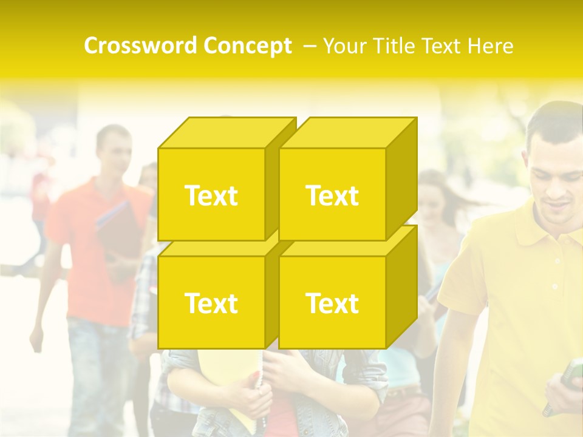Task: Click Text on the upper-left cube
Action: [x=211, y=195]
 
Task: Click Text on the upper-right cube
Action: [x=332, y=195]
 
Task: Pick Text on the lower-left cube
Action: [x=211, y=303]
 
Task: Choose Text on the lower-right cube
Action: [x=332, y=303]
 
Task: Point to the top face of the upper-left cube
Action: [x=226, y=133]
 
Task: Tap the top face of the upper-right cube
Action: [x=347, y=133]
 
